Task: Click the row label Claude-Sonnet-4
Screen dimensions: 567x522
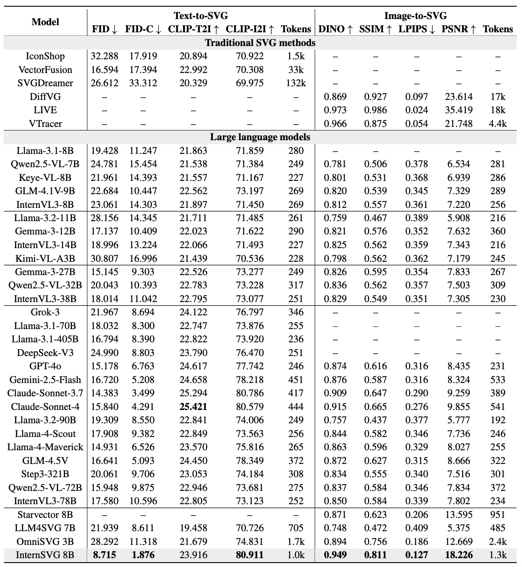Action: (45, 407)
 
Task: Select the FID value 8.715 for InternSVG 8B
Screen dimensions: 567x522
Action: (104, 555)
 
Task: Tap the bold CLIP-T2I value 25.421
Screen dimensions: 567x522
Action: (193, 407)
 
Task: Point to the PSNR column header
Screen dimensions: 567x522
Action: (459, 29)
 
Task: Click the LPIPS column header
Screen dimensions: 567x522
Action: (416, 29)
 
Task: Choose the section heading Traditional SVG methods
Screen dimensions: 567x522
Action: (260, 43)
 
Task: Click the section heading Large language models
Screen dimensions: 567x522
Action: (260, 137)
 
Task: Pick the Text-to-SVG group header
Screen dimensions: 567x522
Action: (200, 16)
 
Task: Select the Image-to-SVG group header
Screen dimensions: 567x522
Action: (415, 16)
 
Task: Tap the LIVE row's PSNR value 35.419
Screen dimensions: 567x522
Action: (459, 110)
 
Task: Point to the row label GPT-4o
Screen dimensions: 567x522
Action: (45, 366)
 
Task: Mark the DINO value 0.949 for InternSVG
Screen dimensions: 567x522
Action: (335, 555)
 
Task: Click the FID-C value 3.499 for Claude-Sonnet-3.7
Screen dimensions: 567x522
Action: (143, 393)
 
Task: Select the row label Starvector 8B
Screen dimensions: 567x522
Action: (45, 515)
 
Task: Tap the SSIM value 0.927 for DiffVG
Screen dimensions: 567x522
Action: (375, 96)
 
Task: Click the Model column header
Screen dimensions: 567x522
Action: (45, 22)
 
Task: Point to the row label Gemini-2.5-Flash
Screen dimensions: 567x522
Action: (45, 380)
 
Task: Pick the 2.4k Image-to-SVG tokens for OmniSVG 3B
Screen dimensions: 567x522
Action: (498, 542)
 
